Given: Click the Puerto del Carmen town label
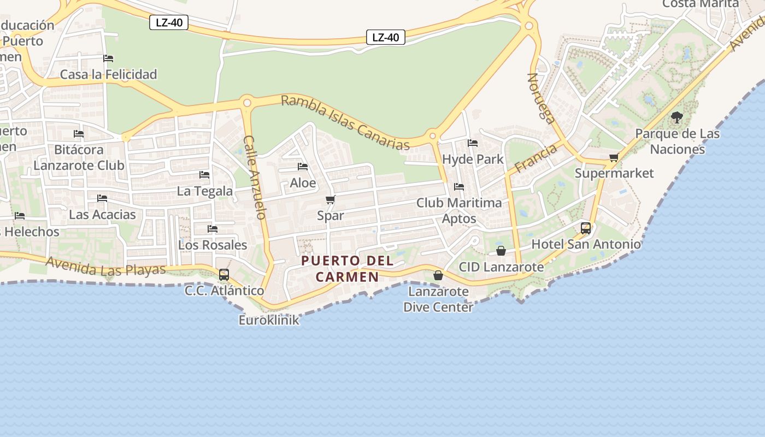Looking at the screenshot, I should tap(348, 268).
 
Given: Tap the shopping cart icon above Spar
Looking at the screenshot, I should tap(330, 200).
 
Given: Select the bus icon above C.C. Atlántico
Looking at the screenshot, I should tap(224, 275).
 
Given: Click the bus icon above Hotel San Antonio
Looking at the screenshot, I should tap(586, 228).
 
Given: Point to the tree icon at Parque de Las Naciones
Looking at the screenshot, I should tap(677, 117).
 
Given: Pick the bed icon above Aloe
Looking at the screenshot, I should tap(303, 167).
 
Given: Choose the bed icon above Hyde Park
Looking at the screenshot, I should tap(473, 143).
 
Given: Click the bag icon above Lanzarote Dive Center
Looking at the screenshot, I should tap(438, 275).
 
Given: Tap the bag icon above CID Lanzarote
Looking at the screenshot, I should tap(501, 251).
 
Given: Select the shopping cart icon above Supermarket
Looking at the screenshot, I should tap(614, 158).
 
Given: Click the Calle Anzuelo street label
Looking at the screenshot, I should tap(254, 177).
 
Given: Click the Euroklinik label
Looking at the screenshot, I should tap(269, 320).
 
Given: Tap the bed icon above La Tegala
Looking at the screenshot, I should tap(204, 175).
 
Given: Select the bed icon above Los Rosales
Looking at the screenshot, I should tap(213, 228).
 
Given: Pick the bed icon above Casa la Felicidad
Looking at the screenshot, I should tap(108, 58).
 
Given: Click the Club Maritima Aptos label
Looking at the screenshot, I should tap(459, 210).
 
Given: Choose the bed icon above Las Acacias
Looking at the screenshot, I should tap(102, 198).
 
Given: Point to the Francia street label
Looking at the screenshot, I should tap(535, 158).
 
